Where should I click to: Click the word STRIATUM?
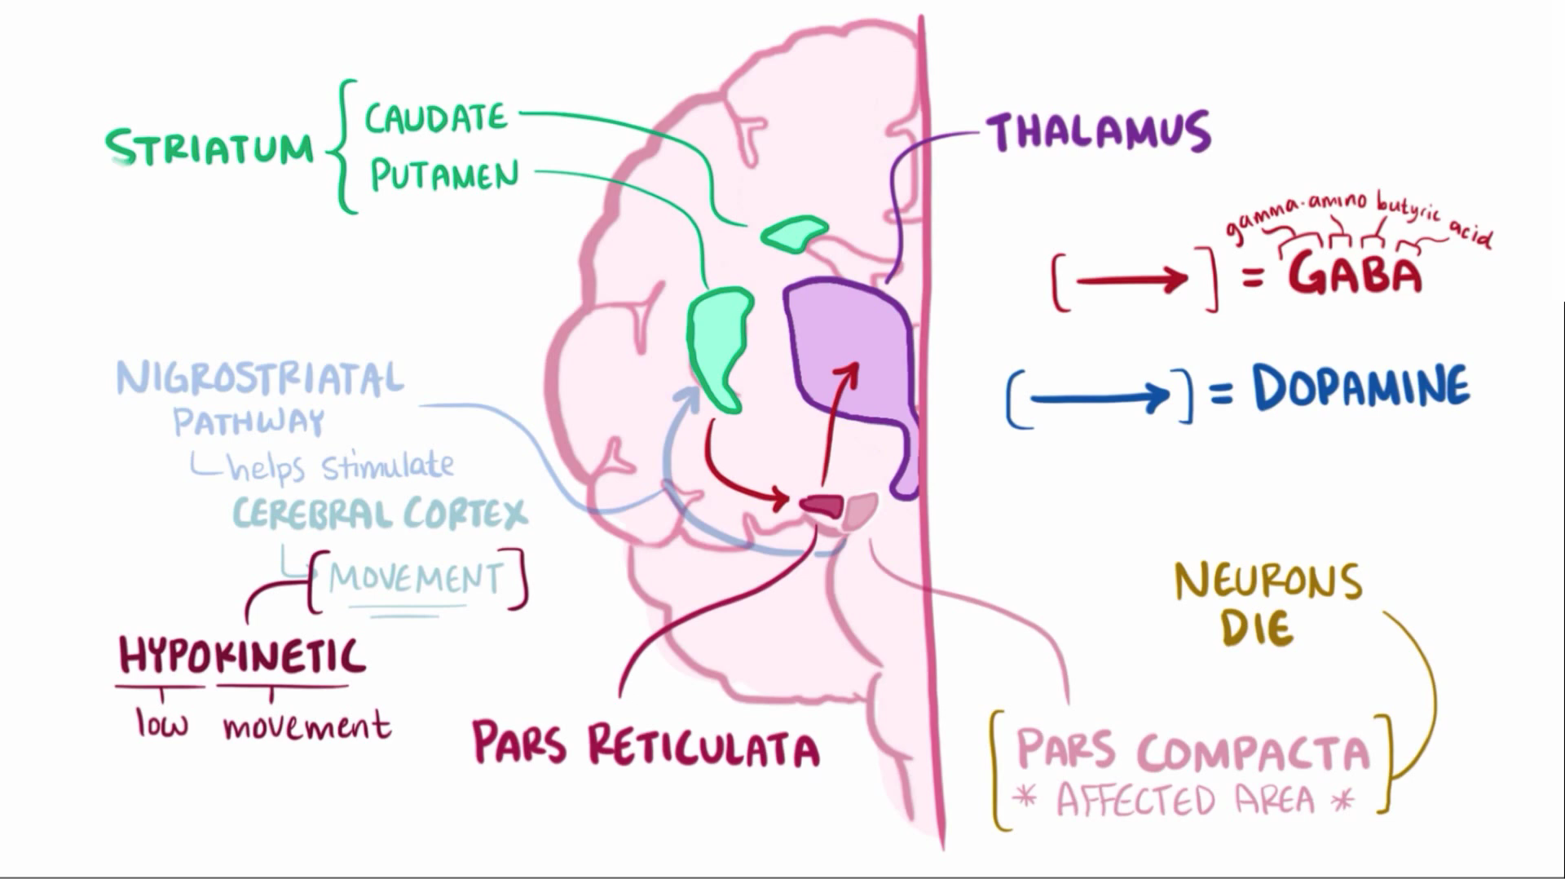[209, 148]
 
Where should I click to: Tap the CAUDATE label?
[436, 119]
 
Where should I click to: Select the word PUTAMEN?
[444, 174]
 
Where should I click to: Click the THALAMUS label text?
[1098, 132]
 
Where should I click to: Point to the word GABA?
[1355, 274]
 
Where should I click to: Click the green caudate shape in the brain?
[793, 233]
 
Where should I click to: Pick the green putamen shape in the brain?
[719, 342]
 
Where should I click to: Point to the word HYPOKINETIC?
[242, 656]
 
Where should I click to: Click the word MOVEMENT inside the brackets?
[417, 579]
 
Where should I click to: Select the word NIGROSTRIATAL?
[260, 379]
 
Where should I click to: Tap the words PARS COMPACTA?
[1192, 751]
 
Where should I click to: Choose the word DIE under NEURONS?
[1257, 628]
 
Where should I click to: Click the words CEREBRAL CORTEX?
[380, 514]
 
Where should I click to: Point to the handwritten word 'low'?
[161, 724]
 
